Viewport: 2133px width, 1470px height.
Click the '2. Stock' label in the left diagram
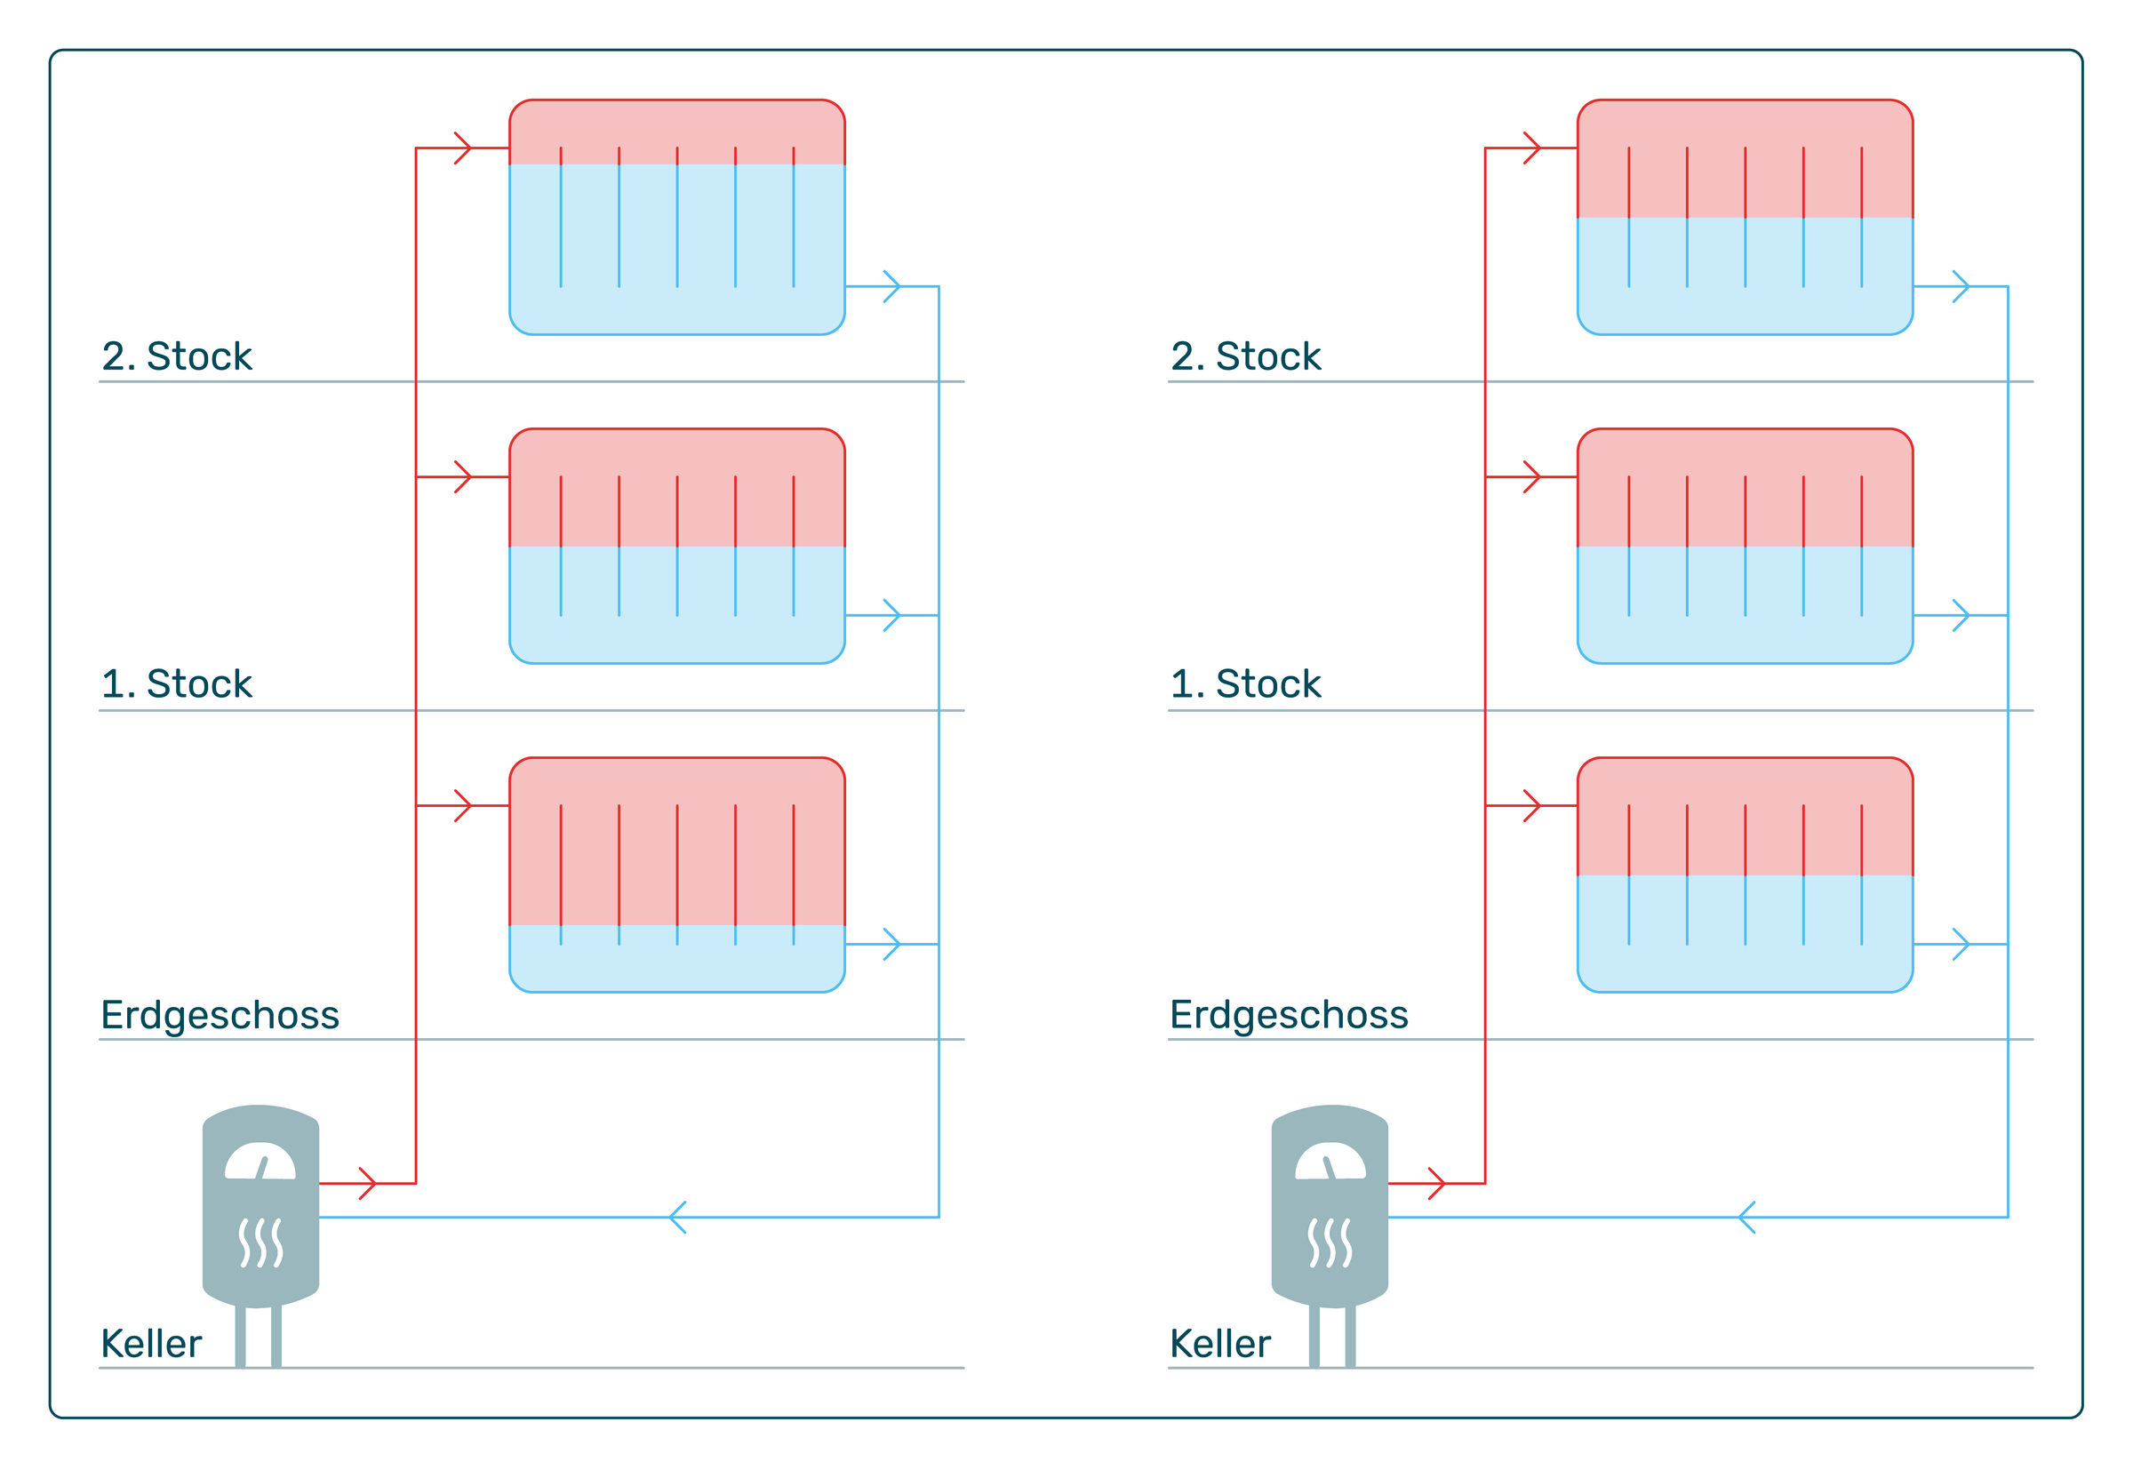pyautogui.click(x=176, y=356)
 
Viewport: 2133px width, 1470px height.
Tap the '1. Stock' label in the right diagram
pyautogui.click(x=1245, y=684)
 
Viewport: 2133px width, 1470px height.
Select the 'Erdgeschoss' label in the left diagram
pyautogui.click(x=220, y=1015)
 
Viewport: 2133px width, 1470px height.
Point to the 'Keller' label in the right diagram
pyautogui.click(x=1219, y=1344)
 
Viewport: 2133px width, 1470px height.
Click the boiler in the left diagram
pyautogui.click(x=260, y=1207)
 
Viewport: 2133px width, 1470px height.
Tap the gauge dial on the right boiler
pyautogui.click(x=1330, y=1162)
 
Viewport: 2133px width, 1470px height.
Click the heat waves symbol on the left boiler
pyautogui.click(x=260, y=1242)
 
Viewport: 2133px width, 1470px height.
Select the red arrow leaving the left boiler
pyautogui.click(x=366, y=1184)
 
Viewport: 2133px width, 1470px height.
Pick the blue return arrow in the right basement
pyautogui.click(x=1747, y=1218)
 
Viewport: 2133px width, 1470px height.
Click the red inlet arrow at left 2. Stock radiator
pyautogui.click(x=463, y=148)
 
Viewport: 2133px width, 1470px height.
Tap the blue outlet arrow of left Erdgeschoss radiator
pyautogui.click(x=891, y=944)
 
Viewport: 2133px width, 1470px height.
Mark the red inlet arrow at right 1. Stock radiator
pyautogui.click(x=1532, y=477)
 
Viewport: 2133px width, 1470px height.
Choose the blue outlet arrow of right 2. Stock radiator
pyautogui.click(x=1961, y=286)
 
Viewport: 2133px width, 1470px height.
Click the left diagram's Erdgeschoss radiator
pyautogui.click(x=677, y=875)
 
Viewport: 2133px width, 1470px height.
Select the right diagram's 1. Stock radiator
pyautogui.click(x=1746, y=547)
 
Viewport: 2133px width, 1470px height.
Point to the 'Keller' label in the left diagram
pyautogui.click(x=151, y=1344)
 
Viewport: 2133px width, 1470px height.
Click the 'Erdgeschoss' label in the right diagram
pyautogui.click(x=1289, y=1015)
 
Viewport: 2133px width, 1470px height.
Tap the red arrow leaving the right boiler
pyautogui.click(x=1436, y=1184)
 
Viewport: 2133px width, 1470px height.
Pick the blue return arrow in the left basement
pyautogui.click(x=678, y=1218)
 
